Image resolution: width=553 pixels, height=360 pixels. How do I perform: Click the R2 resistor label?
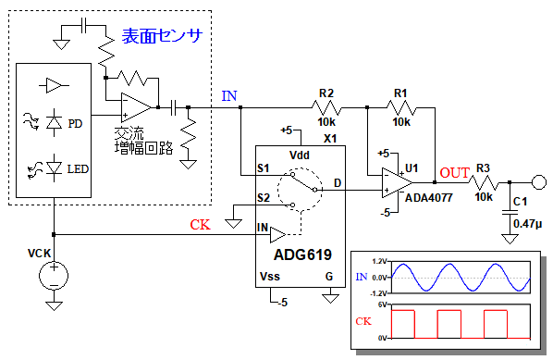[x=326, y=93]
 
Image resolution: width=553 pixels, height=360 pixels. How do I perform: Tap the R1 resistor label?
[x=400, y=93]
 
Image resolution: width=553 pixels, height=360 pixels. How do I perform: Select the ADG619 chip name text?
[x=302, y=254]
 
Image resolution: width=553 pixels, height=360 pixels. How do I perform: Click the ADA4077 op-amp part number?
[x=428, y=198]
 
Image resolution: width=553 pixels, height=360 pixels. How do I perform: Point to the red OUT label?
[x=455, y=173]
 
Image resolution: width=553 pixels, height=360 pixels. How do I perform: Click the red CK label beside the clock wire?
[x=200, y=225]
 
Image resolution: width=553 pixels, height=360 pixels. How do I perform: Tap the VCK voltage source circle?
[x=54, y=276]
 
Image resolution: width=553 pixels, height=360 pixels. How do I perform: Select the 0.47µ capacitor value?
[x=527, y=224]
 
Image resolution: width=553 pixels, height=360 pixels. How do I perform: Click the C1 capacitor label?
[x=521, y=202]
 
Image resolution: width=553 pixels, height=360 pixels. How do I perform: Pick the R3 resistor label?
[x=483, y=168]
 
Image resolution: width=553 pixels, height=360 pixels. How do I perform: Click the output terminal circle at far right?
[x=539, y=182]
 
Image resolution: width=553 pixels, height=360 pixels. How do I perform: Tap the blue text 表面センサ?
[x=162, y=36]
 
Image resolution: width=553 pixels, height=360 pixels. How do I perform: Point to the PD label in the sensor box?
[x=75, y=123]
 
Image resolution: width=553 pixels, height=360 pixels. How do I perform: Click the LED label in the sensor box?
[x=78, y=169]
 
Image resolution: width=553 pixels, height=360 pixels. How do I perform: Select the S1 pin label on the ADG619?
[x=264, y=168]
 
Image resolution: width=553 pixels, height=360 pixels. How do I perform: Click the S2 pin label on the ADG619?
[x=264, y=198]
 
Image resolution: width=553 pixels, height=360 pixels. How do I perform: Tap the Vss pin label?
[x=270, y=276]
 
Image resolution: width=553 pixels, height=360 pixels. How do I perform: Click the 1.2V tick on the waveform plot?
[x=379, y=261]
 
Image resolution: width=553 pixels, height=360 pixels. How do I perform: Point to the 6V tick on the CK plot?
[x=382, y=304]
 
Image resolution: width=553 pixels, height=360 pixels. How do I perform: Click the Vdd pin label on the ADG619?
[x=299, y=155]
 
